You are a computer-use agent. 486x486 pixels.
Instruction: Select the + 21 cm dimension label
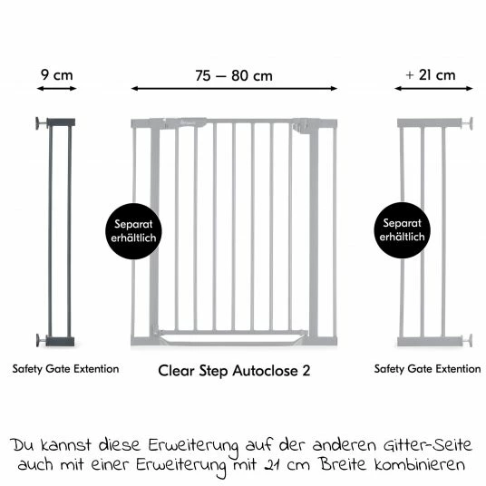point(431,75)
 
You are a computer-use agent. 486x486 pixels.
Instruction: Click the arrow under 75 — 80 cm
point(234,89)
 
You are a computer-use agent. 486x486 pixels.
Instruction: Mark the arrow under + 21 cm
point(431,89)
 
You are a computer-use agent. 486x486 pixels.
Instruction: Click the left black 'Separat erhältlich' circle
point(131,230)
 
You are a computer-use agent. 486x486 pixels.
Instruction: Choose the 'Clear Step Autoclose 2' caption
point(234,370)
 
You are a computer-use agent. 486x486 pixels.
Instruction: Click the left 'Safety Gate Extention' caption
point(65,369)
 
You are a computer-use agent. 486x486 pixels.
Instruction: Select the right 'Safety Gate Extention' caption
point(428,369)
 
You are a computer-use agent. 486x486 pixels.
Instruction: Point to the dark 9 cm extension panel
point(62,231)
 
